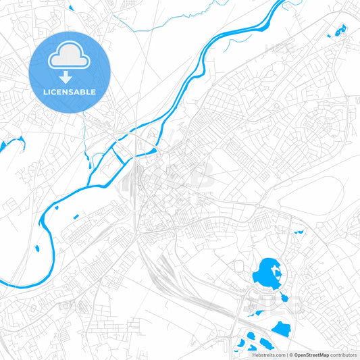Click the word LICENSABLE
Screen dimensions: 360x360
[70, 92]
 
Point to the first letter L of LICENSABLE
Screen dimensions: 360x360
[45, 92]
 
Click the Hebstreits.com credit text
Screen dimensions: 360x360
[269, 355]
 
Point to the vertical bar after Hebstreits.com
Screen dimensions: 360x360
[286, 355]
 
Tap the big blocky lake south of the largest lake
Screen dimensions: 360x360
[281, 329]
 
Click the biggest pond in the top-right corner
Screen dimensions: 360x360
[338, 30]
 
